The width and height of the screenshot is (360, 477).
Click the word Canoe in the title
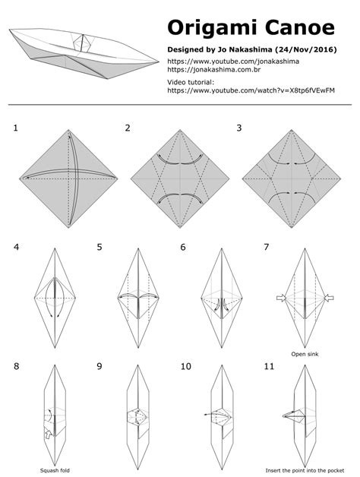300,27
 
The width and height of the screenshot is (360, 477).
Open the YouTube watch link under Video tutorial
251,90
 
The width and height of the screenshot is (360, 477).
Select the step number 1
15,128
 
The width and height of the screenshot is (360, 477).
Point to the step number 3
239,128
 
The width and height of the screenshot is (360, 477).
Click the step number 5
99,247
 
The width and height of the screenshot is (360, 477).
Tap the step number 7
267,247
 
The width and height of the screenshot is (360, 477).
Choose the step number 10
186,366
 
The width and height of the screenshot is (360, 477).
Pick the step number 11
269,366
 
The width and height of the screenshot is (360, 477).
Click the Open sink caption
305,354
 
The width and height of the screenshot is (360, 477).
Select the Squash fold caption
55,471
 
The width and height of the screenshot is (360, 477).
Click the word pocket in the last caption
336,471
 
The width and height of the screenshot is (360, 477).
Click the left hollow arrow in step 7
282,298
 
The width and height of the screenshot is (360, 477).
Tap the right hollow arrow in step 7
329,298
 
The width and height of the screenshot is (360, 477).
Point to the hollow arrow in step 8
48,434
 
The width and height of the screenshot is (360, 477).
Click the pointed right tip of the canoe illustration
159,62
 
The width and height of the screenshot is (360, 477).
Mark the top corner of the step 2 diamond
180,130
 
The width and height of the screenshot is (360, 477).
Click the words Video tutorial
191,82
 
